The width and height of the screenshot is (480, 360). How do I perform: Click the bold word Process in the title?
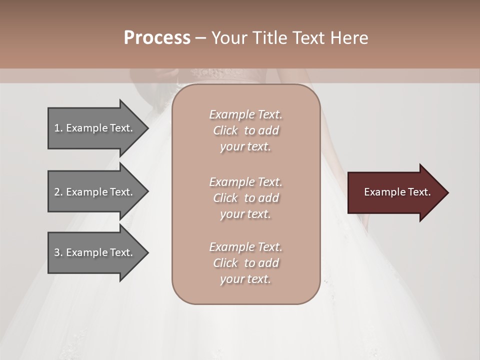pyautogui.click(x=157, y=38)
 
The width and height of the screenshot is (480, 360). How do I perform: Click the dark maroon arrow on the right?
pyautogui.click(x=395, y=192)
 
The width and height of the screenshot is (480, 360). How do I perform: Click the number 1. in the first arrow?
pyautogui.click(x=58, y=128)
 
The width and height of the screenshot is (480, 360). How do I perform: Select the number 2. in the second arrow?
pyautogui.click(x=58, y=192)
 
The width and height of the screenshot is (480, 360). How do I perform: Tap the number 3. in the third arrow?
pyautogui.click(x=58, y=252)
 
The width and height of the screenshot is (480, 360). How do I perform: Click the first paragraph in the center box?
pyautogui.click(x=245, y=130)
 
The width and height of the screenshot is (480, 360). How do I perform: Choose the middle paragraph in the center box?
pyautogui.click(x=245, y=198)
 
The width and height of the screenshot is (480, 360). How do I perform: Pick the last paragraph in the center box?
pyautogui.click(x=245, y=263)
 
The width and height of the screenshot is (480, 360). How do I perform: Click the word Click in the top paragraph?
pyautogui.click(x=225, y=130)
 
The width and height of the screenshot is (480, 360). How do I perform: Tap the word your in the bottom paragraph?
pyautogui.click(x=231, y=279)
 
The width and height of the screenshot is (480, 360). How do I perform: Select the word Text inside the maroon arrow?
pyautogui.click(x=419, y=192)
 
